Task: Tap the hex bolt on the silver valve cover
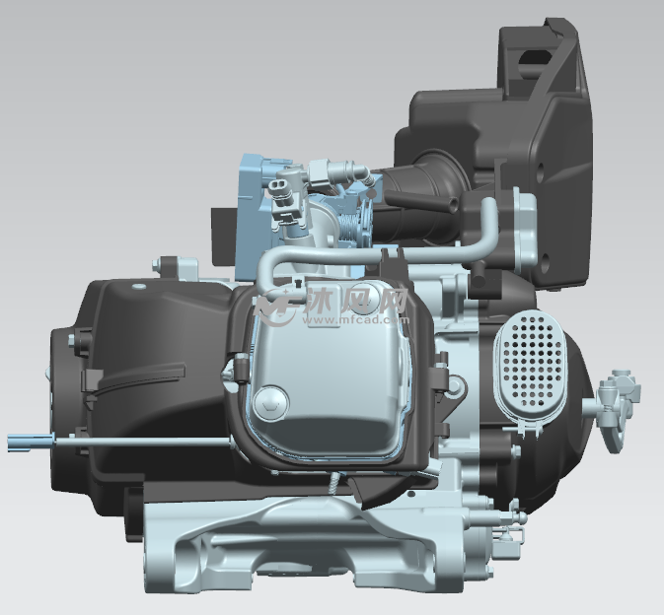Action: (270, 403)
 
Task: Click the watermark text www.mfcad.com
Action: (356, 319)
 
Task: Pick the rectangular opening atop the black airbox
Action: (535, 60)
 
